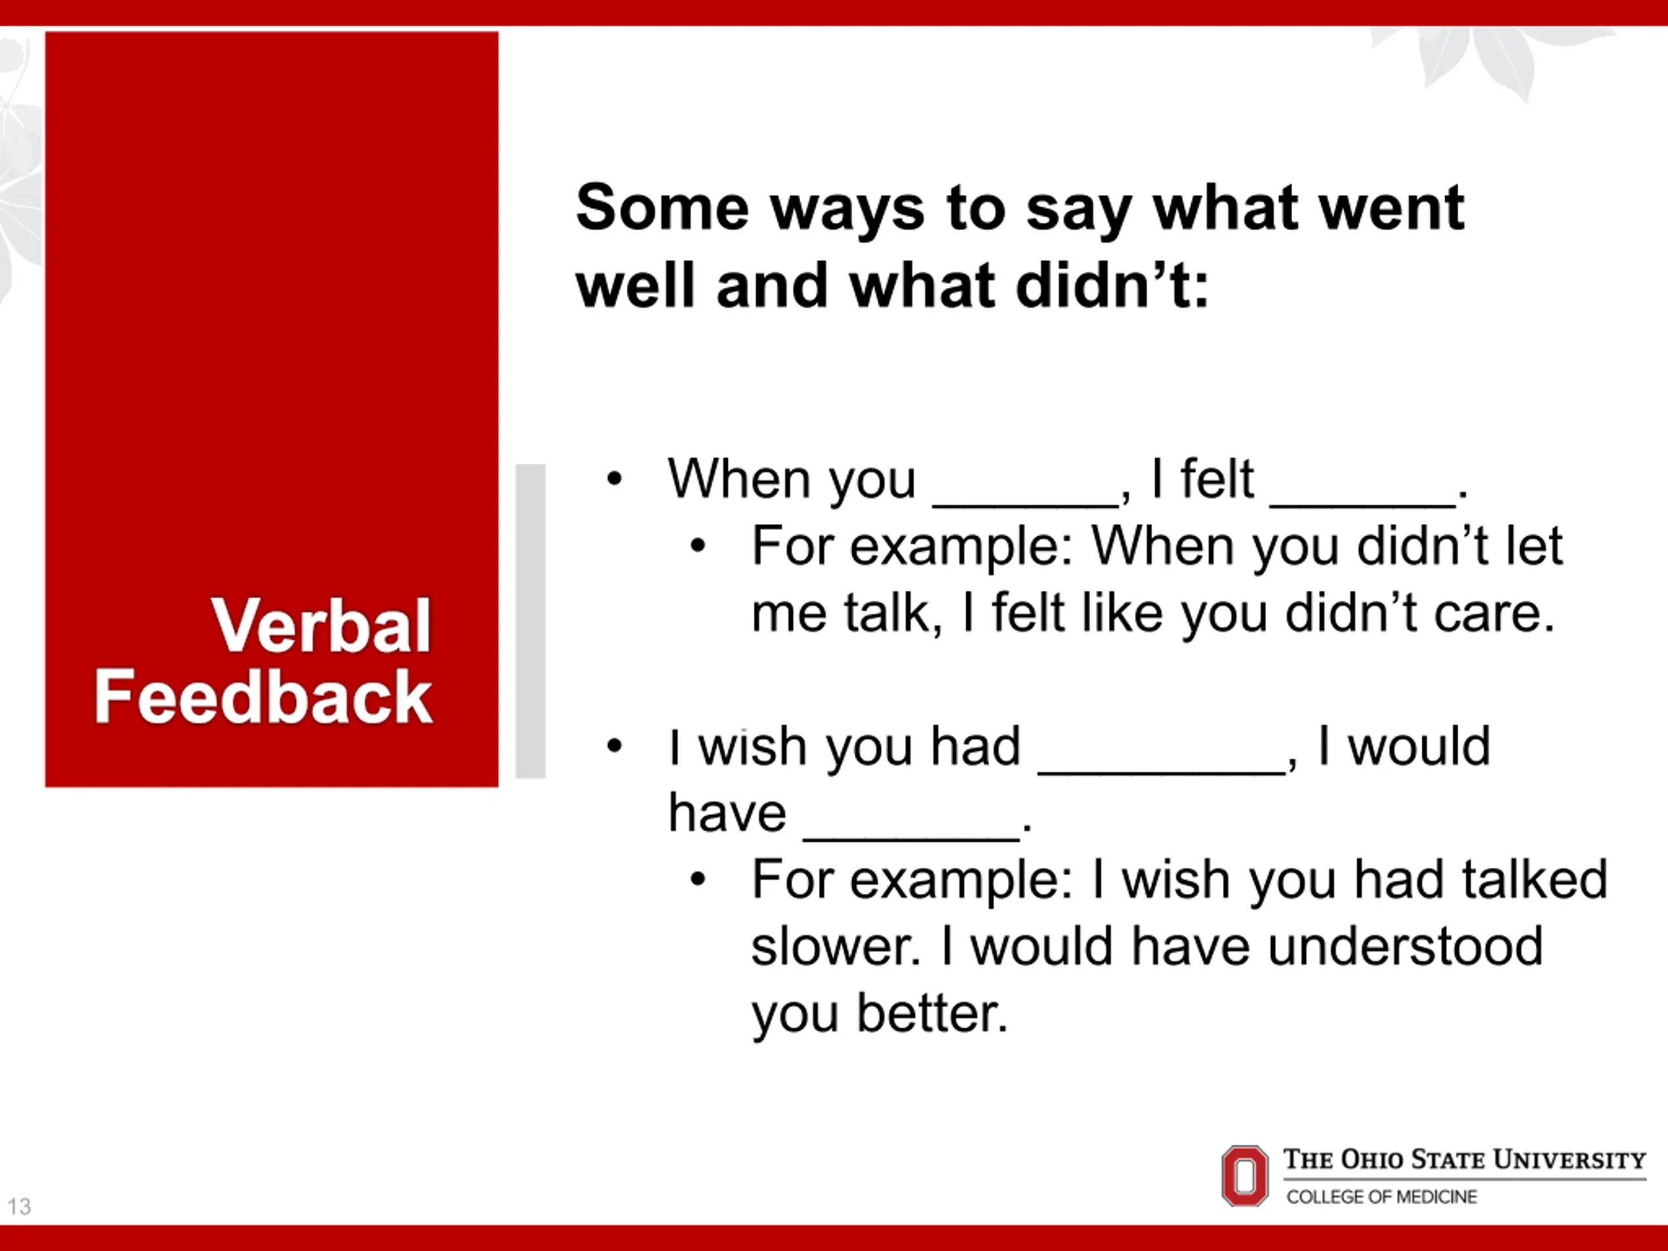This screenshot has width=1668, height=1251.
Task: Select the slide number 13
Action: [x=20, y=1207]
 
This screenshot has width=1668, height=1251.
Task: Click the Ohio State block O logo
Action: [x=1245, y=1175]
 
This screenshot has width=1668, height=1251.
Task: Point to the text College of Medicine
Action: [x=1381, y=1197]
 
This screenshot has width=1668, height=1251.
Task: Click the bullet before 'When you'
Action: [x=614, y=479]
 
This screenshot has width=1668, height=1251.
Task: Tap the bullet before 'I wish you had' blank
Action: [x=614, y=747]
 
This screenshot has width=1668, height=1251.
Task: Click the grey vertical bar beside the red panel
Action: [x=530, y=622]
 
